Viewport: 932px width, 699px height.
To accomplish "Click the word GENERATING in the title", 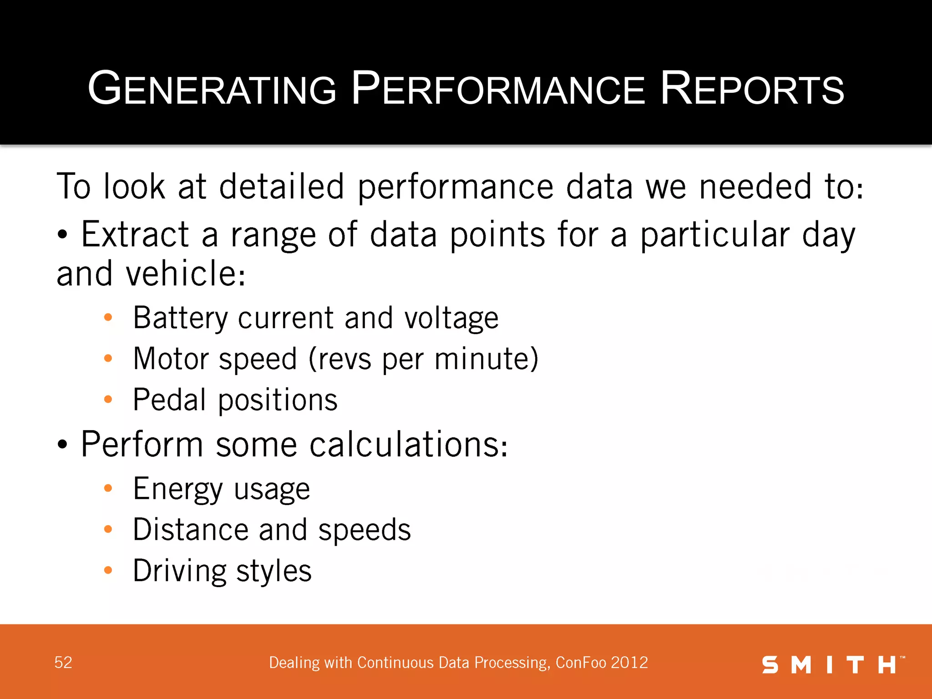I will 212,88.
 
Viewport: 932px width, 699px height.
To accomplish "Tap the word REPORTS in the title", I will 752,88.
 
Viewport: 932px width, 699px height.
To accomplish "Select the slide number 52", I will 63,663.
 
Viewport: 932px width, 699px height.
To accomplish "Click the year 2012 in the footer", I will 629,663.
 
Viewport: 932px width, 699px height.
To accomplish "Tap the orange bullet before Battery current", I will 108,317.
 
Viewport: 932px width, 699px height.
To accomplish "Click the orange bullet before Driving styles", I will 108,570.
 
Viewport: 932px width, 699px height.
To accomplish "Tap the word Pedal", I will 170,400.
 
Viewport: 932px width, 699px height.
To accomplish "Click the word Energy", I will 178,489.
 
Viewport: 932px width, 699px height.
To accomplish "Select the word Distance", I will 191,530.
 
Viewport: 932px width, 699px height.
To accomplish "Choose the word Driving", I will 179,571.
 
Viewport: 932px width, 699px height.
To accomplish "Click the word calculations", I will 408,444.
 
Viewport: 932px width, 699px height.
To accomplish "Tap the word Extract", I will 135,234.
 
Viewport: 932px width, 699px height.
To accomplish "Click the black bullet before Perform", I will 62,445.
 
